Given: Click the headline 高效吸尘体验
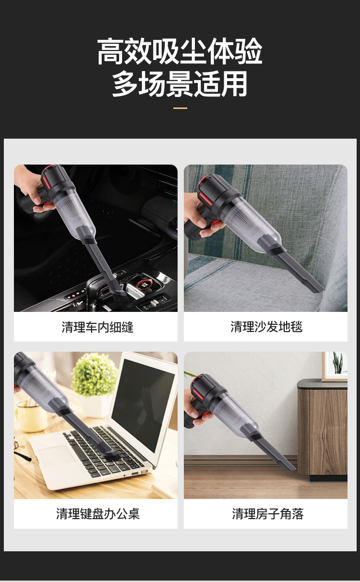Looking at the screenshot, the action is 180,51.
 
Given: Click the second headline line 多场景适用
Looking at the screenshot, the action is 180,83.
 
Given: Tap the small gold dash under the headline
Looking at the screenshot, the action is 180,108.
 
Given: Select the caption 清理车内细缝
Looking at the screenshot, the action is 97,327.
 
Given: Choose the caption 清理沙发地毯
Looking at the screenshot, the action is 266,327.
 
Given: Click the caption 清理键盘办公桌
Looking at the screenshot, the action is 98,514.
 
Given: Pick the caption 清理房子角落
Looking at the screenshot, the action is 267,514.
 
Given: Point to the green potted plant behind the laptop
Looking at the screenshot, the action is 94,374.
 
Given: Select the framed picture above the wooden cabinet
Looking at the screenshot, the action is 335,367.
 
